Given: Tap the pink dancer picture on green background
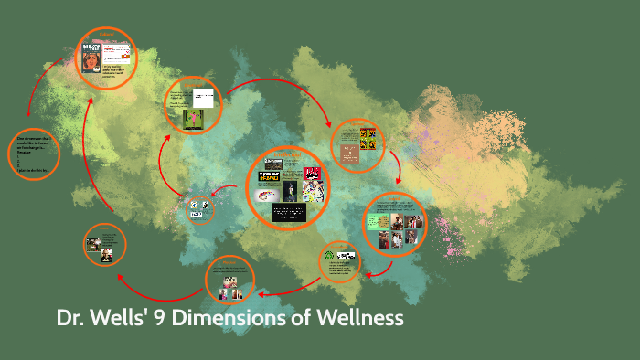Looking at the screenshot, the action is (193, 120).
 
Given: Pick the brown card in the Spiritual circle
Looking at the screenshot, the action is (350, 154).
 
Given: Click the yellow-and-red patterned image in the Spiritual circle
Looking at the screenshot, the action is (368, 138).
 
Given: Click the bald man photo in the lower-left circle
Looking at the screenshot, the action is (92, 244).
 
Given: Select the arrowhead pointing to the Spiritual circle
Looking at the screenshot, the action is (327, 123).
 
